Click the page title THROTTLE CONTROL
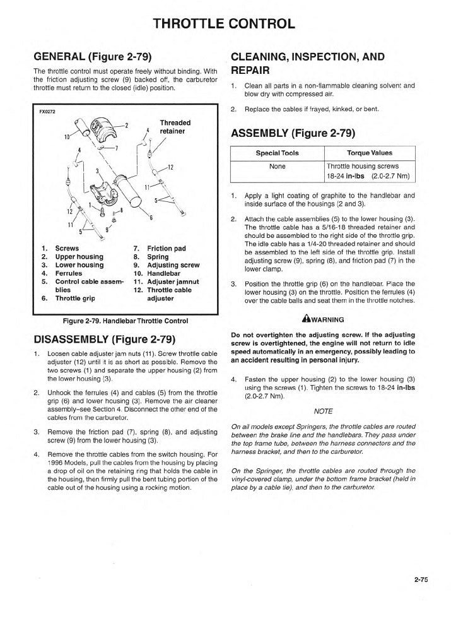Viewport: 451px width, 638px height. (225, 25)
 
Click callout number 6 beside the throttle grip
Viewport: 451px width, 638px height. (151, 218)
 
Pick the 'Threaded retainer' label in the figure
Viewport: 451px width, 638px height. (175, 127)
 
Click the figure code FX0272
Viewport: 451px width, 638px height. (48, 112)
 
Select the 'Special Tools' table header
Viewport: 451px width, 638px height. (277, 153)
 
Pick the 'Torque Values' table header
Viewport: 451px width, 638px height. (369, 153)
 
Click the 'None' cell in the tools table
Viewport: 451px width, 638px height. (277, 167)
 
